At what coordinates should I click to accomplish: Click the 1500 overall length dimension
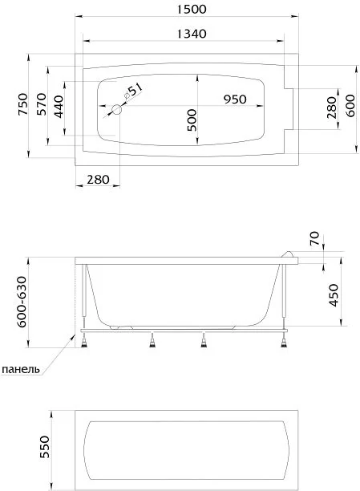coord(192,9)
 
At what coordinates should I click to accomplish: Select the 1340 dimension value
coord(192,34)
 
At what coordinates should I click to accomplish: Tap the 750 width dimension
coord(23,104)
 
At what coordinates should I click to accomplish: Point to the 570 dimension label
coord(42,104)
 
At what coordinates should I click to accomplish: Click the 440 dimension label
coord(59,107)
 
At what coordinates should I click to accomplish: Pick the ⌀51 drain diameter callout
coord(133,91)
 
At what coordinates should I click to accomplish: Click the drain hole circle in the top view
coord(117,110)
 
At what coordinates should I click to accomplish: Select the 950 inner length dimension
coord(235,99)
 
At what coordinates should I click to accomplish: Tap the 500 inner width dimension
coord(192,120)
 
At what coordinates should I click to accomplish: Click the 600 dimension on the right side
coord(350,106)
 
